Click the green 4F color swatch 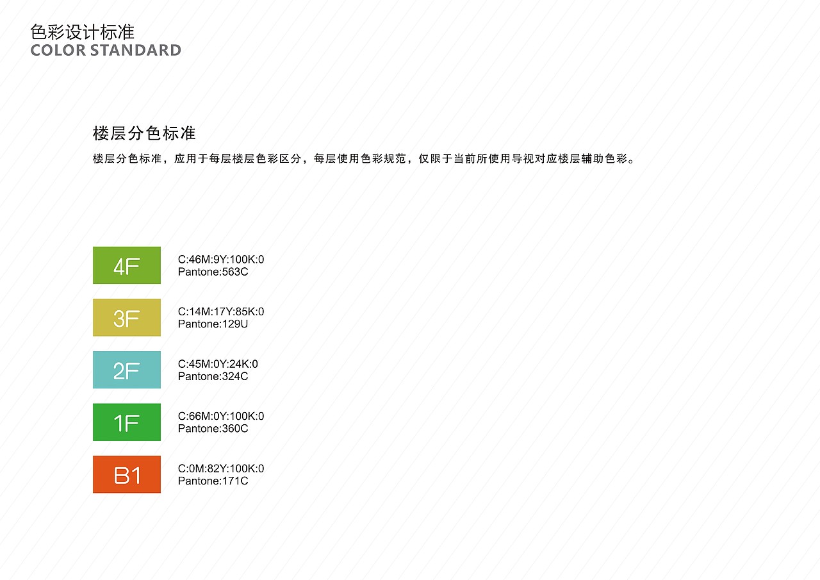tap(127, 265)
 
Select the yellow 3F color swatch tap(127, 317)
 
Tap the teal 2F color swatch tap(127, 370)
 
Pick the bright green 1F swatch tap(127, 422)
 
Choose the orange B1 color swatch tap(127, 474)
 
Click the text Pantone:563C tap(213, 272)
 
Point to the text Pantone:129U tap(213, 324)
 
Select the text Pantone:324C tap(213, 376)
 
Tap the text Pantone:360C tap(213, 429)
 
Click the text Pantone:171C tap(213, 481)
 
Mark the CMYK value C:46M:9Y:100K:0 tap(221, 260)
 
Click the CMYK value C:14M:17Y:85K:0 tap(221, 312)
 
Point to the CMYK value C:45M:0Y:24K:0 tap(218, 364)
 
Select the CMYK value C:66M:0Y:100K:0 tap(221, 417)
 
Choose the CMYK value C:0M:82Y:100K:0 tap(221, 468)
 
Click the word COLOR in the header tap(58, 51)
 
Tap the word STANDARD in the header tap(135, 51)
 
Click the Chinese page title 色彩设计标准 tap(83, 33)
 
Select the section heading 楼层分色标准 tap(144, 133)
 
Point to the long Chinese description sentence tap(364, 159)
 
